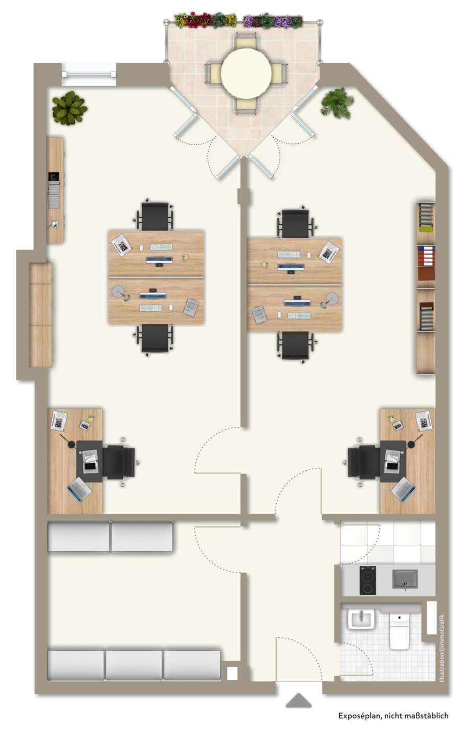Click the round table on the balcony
tap(246, 73)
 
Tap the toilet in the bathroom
tap(399, 631)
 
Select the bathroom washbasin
tap(361, 619)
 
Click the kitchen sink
tap(405, 579)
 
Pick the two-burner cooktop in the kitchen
tap(367, 580)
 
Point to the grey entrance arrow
tap(298, 700)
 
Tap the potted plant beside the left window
tap(70, 108)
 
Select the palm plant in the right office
tap(337, 103)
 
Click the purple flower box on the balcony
tap(273, 21)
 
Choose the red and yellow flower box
tap(205, 20)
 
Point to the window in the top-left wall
tap(89, 74)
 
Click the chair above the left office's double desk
tap(155, 215)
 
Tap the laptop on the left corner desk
tap(79, 489)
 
